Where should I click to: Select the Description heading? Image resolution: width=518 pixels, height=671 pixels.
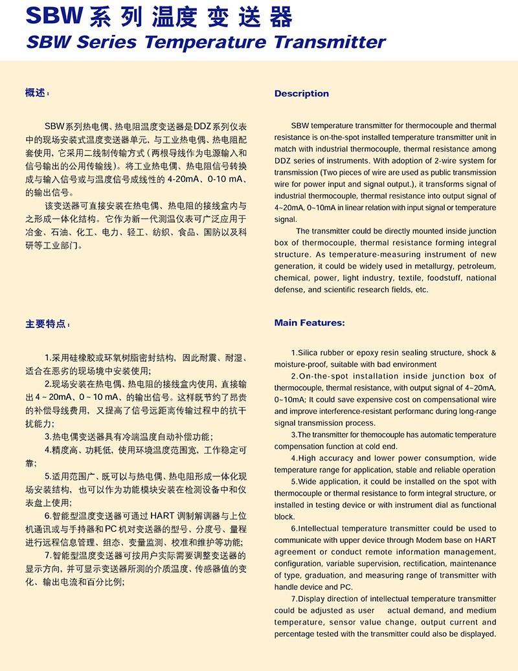pyautogui.click(x=301, y=94)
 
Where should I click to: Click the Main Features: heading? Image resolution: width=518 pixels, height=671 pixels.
pyautogui.click(x=309, y=323)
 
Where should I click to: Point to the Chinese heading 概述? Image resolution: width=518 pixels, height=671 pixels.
pyautogui.click(x=36, y=93)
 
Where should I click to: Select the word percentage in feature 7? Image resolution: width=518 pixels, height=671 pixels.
pyautogui.click(x=294, y=633)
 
